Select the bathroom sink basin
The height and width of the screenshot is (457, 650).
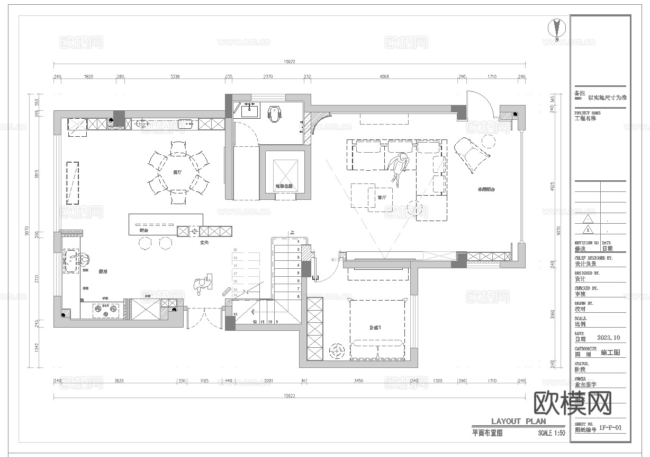(249, 111)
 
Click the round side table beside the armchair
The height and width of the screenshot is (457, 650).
(488, 140)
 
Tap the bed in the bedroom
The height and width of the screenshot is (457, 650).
(377, 329)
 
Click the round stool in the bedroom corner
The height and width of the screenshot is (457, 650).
(337, 350)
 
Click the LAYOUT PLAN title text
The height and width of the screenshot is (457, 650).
(518, 421)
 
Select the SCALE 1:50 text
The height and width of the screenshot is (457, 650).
(551, 433)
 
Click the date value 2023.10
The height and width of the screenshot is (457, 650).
(608, 338)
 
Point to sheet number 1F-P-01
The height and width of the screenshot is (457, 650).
(610, 428)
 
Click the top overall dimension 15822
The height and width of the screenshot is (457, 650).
(290, 62)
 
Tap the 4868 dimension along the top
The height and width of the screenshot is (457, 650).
(384, 77)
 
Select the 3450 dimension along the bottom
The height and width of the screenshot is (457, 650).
(358, 381)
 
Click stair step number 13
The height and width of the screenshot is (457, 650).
(236, 314)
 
